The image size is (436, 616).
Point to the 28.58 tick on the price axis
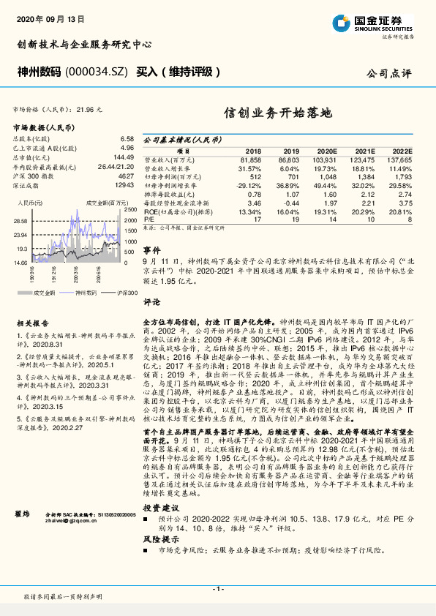click(x=20, y=220)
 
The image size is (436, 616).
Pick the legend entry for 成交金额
click(x=45, y=291)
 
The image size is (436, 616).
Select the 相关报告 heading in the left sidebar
click(x=32, y=322)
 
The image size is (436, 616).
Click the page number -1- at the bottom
click(x=217, y=589)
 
